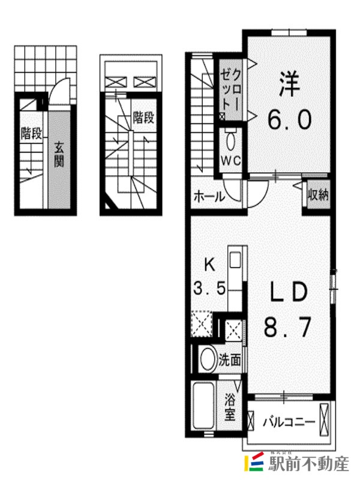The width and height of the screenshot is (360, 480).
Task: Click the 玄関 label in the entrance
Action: point(59,155)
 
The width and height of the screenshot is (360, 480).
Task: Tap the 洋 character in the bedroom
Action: point(289,83)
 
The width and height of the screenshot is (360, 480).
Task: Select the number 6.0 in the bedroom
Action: point(290,119)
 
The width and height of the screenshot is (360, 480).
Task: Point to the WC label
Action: point(231,161)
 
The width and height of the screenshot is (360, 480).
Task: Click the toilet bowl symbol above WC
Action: point(230,142)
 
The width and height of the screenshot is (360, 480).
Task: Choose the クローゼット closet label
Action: point(231,90)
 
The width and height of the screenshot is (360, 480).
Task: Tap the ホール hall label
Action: point(209,196)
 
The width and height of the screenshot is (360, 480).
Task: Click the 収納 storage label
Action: point(319,194)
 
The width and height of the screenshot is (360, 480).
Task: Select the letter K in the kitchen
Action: point(209,265)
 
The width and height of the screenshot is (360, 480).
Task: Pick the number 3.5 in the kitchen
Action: point(209,288)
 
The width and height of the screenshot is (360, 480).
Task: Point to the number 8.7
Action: point(288,327)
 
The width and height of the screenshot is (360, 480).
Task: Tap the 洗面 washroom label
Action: point(230,361)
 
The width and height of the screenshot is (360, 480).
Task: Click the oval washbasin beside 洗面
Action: point(208,359)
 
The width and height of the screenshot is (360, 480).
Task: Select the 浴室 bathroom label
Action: point(230,407)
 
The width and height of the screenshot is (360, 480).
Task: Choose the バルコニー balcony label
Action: point(289,423)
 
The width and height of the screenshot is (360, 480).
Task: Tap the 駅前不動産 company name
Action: point(308,464)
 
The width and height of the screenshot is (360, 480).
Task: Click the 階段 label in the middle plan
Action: point(143,117)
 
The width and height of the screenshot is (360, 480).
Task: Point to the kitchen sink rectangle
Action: point(235,260)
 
